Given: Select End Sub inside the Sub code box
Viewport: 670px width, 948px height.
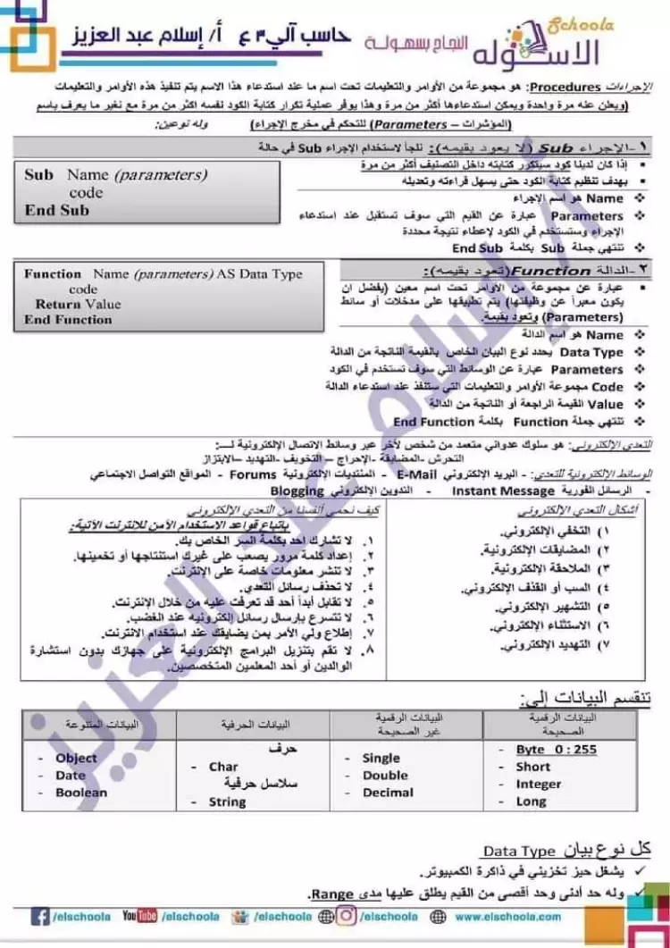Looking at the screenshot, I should point(57,211).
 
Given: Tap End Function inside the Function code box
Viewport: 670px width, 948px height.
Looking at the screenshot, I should point(68,319).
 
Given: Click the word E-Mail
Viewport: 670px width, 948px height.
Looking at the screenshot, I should point(415,474).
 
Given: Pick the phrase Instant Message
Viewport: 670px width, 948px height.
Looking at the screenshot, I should point(503,491).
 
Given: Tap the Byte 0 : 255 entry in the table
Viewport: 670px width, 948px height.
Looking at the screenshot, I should point(556,750).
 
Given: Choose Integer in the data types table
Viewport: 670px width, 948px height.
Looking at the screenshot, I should point(539,784).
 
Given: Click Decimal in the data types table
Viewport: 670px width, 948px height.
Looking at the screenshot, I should point(388,792).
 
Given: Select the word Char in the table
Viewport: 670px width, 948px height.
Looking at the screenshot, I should point(223,767).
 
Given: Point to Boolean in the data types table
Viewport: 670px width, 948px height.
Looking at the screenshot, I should point(80,792).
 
